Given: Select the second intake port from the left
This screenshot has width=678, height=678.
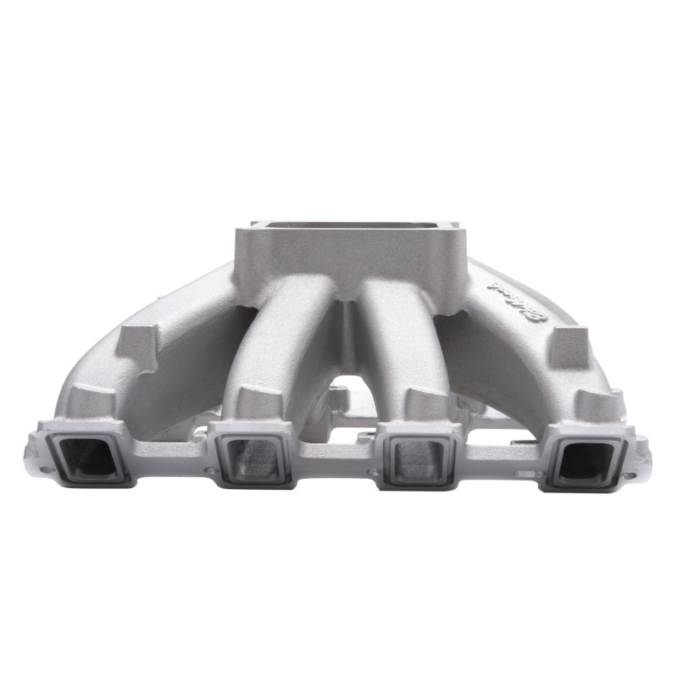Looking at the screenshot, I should [253, 458].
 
